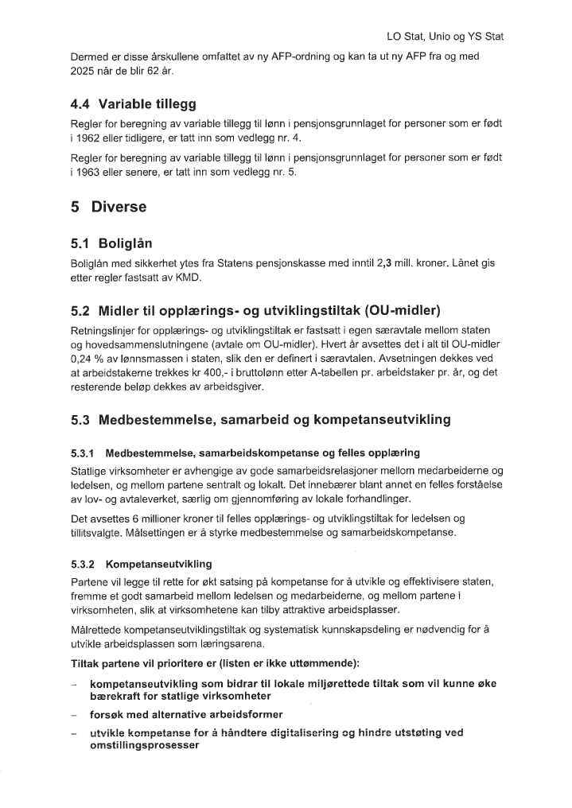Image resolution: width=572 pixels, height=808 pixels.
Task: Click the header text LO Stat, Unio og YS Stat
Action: click(445, 37)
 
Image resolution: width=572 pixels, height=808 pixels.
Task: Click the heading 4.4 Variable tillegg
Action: click(134, 103)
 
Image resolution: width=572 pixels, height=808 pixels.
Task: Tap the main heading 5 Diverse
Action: click(109, 208)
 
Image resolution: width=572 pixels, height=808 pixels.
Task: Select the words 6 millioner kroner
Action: click(155, 519)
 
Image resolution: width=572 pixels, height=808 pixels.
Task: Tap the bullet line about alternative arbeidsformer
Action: click(186, 713)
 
